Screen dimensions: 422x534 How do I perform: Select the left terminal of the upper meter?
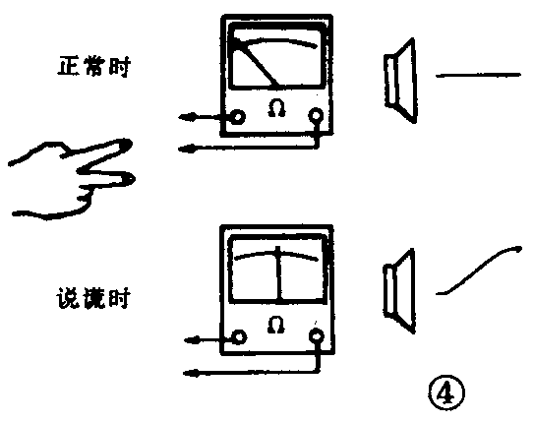click(238, 117)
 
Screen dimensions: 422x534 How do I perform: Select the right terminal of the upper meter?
click(317, 116)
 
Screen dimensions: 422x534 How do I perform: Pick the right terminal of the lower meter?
click(317, 337)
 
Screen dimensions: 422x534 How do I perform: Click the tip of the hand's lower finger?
click(129, 178)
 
